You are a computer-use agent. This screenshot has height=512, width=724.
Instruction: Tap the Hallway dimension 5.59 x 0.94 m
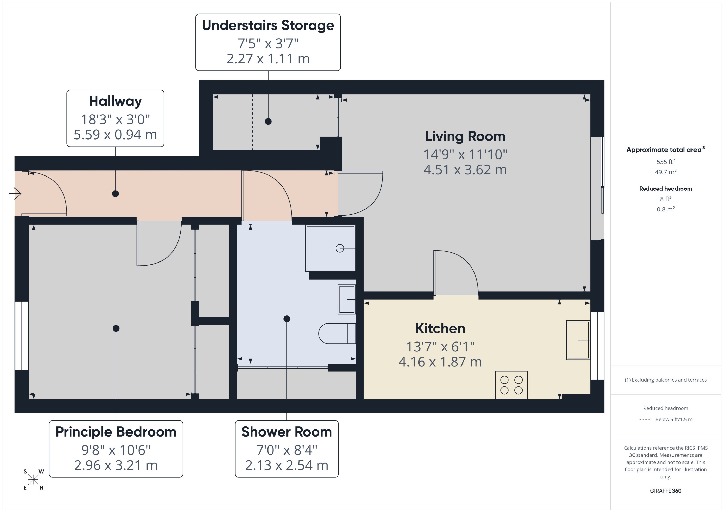click(x=115, y=135)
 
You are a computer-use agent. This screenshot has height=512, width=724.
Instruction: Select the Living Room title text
click(x=465, y=136)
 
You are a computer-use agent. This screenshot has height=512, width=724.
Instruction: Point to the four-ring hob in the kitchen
click(x=511, y=385)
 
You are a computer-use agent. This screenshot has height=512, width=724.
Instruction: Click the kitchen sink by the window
click(x=578, y=340)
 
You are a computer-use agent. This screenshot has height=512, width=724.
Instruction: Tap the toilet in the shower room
click(x=336, y=333)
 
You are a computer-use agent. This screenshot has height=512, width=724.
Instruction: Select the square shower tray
click(x=330, y=248)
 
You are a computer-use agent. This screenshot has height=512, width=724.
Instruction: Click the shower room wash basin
click(x=347, y=299)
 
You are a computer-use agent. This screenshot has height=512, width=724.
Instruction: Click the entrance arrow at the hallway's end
click(x=15, y=193)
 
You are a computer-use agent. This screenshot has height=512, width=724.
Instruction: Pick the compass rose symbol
click(x=33, y=480)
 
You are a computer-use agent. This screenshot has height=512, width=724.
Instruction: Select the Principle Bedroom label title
click(x=116, y=432)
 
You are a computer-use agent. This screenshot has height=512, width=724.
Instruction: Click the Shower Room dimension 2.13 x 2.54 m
click(x=286, y=465)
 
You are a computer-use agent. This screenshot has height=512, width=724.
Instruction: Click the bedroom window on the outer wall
click(x=22, y=335)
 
